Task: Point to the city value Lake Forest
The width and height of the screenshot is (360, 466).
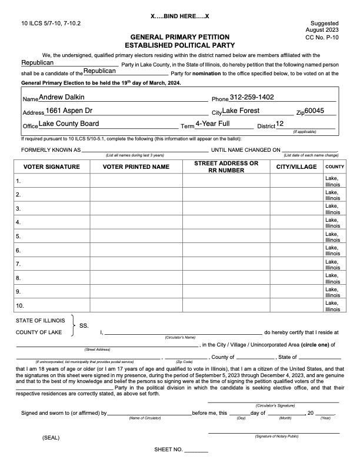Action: [241, 111]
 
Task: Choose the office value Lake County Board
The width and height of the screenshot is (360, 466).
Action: [68, 124]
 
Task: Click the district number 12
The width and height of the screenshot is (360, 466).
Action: [280, 124]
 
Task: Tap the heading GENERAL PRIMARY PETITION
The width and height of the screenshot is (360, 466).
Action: [179, 36]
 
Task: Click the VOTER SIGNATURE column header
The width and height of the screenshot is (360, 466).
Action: [51, 167]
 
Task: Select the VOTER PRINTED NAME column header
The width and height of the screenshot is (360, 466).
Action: [136, 167]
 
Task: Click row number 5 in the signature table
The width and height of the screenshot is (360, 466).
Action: [19, 236]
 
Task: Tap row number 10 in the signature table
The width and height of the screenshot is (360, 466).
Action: [20, 306]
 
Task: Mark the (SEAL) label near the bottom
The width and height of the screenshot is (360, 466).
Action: [51, 438]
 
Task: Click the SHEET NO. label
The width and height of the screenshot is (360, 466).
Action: [168, 450]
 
